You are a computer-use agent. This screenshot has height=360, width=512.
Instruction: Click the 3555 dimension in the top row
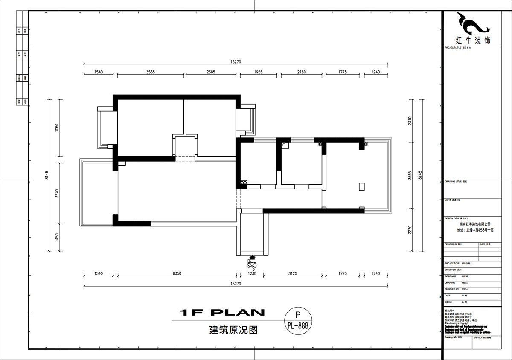click(150, 72)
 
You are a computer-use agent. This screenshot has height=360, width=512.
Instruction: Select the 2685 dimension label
click(211, 72)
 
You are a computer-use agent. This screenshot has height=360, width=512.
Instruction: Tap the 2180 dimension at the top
click(301, 72)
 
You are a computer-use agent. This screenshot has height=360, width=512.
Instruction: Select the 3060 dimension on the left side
click(57, 128)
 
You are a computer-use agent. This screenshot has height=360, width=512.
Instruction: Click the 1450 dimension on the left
click(57, 237)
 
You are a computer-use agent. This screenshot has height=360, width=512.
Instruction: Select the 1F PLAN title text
click(222, 313)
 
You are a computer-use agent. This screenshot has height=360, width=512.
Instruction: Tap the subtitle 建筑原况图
click(233, 330)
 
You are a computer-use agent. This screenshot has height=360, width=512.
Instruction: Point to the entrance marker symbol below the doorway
click(252, 263)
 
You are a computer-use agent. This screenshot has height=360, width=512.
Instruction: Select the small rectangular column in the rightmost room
click(362, 187)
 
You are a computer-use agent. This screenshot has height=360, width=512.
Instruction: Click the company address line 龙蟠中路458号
click(474, 229)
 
